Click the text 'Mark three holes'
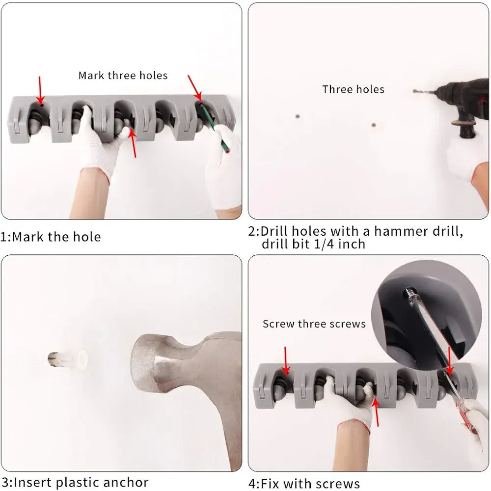pyautogui.click(x=123, y=76)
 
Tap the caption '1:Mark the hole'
pyautogui.click(x=51, y=237)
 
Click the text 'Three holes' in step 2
pyautogui.click(x=353, y=89)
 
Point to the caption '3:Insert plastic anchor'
pyautogui.click(x=75, y=483)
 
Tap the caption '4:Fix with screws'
pyautogui.click(x=304, y=484)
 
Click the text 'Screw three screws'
pyautogui.click(x=314, y=324)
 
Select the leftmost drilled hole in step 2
pyautogui.click(x=298, y=116)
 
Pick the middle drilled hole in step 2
pyautogui.click(x=374, y=125)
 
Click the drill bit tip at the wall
pyautogui.click(x=414, y=91)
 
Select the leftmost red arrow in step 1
pyautogui.click(x=40, y=90)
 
